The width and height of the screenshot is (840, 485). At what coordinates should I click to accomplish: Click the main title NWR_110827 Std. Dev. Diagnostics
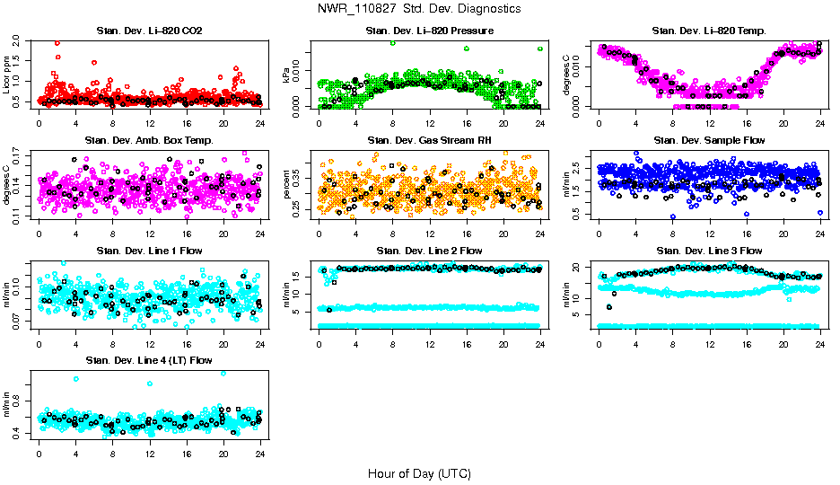pos(419,8)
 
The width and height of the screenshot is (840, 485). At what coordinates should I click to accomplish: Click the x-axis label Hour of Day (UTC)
pos(419,472)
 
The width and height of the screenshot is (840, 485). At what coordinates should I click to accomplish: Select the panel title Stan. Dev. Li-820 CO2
pos(149,31)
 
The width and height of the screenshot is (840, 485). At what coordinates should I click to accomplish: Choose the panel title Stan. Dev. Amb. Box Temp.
pos(149,141)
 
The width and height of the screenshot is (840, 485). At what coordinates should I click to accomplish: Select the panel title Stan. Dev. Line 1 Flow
pos(149,251)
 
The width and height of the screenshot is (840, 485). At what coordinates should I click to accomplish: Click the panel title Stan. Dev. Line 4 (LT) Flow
pos(149,360)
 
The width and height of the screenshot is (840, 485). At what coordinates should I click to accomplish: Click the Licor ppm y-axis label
pos(8,75)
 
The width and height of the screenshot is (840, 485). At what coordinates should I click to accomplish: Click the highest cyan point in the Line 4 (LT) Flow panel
pos(223,373)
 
